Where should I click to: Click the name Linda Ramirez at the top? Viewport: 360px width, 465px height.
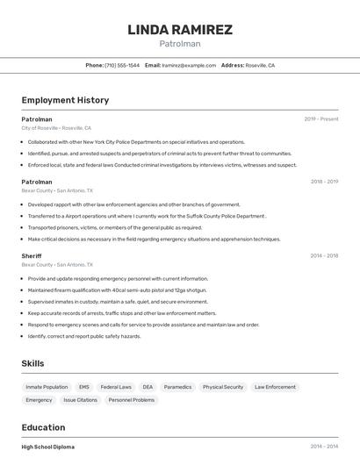pyautogui.click(x=180, y=30)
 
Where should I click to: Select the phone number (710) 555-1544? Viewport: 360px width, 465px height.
pyautogui.click(x=121, y=65)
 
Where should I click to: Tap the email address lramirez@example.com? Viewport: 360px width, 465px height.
pyautogui.click(x=190, y=65)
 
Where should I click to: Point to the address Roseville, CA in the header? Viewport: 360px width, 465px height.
pyautogui.click(x=260, y=65)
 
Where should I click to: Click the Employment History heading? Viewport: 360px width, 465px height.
pyautogui.click(x=65, y=100)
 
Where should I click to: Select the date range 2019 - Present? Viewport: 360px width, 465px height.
pyautogui.click(x=321, y=118)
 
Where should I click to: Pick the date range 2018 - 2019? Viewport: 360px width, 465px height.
pyautogui.click(x=324, y=182)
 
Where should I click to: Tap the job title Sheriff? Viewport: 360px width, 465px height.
pyautogui.click(x=32, y=255)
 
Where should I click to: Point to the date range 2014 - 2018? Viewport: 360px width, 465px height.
pyautogui.click(x=324, y=255)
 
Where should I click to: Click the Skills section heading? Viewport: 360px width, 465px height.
pyautogui.click(x=32, y=363)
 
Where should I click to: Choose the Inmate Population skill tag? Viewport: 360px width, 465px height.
pyautogui.click(x=47, y=387)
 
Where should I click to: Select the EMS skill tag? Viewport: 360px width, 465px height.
pyautogui.click(x=84, y=387)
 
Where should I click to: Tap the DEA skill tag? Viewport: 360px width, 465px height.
pyautogui.click(x=148, y=387)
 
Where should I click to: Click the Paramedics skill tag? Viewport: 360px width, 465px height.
pyautogui.click(x=177, y=387)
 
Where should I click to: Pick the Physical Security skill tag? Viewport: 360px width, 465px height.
pyautogui.click(x=223, y=387)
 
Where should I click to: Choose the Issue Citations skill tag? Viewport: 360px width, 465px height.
pyautogui.click(x=80, y=400)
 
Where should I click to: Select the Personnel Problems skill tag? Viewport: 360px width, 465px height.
pyautogui.click(x=131, y=400)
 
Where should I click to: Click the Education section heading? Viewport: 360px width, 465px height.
pyautogui.click(x=45, y=427)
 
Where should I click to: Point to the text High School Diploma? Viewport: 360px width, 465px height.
pyautogui.click(x=48, y=447)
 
